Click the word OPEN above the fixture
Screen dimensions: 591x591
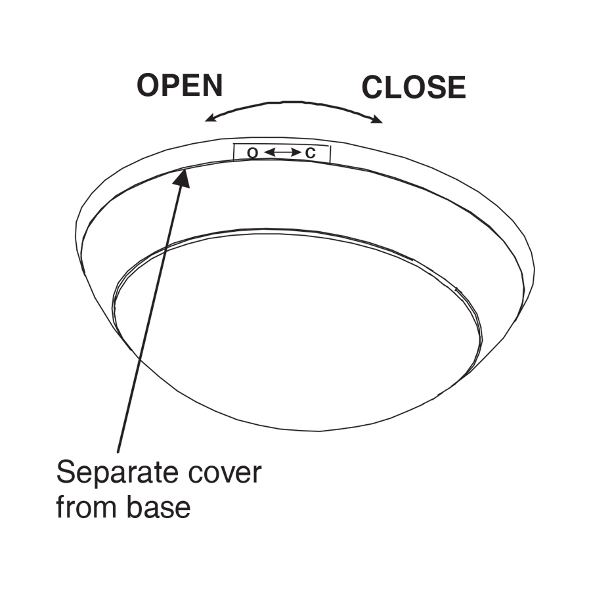tap(179, 86)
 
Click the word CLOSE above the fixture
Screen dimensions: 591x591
tap(414, 88)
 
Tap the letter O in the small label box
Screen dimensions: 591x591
tap(252, 154)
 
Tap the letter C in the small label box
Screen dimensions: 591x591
tap(311, 154)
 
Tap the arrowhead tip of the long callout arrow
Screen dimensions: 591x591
tap(186, 170)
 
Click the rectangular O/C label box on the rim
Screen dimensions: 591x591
tap(282, 153)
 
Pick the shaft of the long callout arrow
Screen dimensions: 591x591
tap(151, 315)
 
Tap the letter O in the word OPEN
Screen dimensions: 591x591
tap(148, 86)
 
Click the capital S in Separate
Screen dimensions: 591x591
tap(67, 473)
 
